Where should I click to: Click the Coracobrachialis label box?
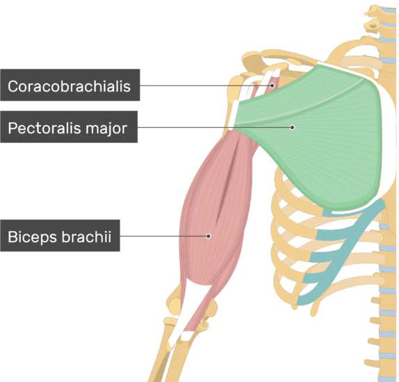pos(70,85)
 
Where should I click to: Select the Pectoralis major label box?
pos(69,126)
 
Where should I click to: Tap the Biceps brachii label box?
pos(60,235)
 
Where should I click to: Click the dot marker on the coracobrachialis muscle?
pos(272,85)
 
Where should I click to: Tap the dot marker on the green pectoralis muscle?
pos(293,127)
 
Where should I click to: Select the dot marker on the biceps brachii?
pos(209,236)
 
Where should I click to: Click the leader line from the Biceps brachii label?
pos(163,236)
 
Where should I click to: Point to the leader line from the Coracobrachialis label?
pos(205,85)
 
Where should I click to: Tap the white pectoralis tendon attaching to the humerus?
pos(233,115)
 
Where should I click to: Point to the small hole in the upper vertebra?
pos(373,26)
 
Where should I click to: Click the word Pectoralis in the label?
pos(46,128)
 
